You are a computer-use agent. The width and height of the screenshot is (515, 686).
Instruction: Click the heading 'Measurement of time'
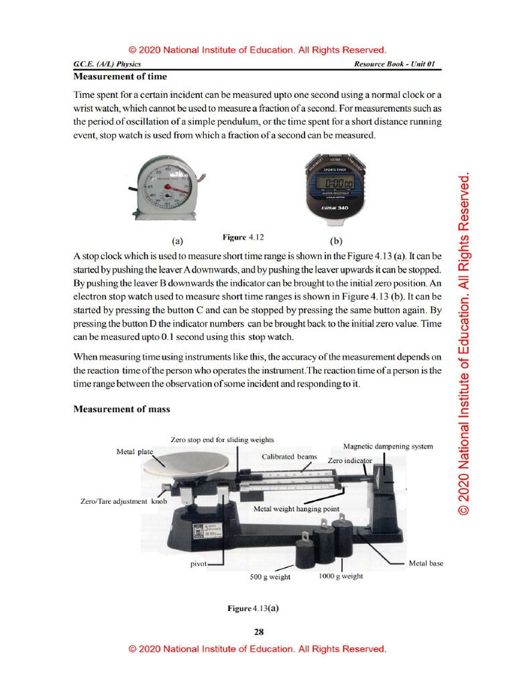120,76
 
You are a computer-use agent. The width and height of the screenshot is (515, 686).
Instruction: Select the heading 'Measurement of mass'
121,409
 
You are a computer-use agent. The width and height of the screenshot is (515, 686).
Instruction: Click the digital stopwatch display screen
337,182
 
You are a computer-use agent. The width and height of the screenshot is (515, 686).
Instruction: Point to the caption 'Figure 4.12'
243,237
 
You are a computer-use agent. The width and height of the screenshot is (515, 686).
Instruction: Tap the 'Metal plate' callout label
135,452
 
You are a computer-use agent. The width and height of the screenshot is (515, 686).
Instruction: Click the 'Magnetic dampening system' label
388,446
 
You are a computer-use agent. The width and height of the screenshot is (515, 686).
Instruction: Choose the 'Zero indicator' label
349,461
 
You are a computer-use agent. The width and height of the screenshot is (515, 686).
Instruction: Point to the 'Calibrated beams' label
289,456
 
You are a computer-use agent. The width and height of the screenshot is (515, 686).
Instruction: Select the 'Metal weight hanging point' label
296,508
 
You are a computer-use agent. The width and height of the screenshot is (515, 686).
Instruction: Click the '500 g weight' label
270,577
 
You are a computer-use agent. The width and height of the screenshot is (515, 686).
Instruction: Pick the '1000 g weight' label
341,576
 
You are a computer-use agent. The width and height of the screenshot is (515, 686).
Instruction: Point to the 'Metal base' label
426,563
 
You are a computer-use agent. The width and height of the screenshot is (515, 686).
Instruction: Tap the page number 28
258,631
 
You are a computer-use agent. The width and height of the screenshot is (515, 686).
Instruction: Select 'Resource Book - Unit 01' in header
394,64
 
